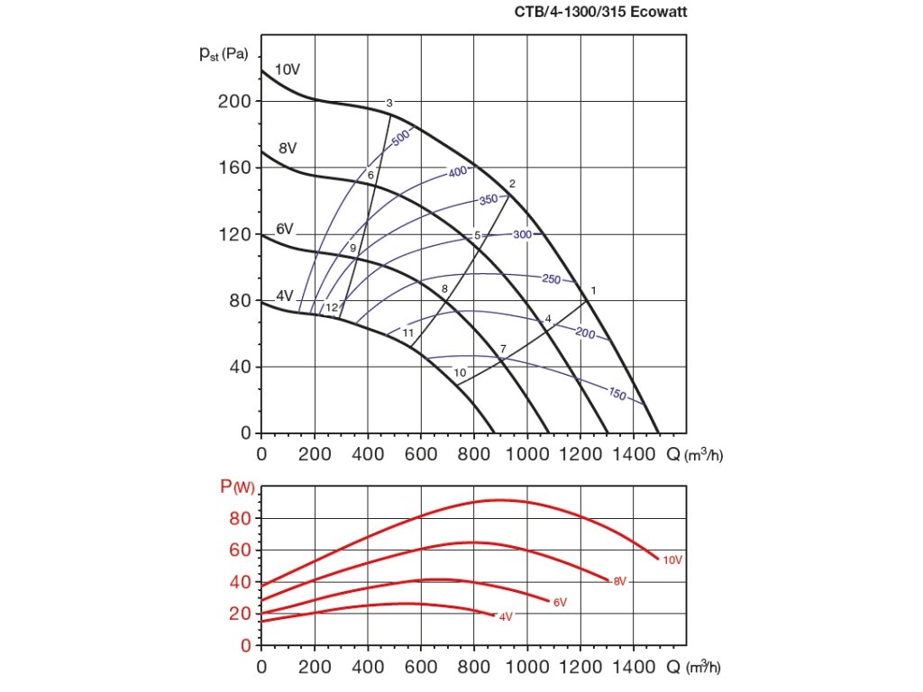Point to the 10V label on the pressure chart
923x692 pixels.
coord(288,69)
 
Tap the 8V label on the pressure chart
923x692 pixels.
coord(288,148)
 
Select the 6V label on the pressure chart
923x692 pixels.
coord(285,230)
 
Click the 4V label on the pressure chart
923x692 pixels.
coord(285,296)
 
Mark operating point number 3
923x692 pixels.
coord(389,103)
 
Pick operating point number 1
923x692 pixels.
coord(593,290)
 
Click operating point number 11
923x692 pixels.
coord(408,333)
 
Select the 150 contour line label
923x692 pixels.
coord(617,394)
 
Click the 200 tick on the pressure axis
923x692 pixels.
coord(233,101)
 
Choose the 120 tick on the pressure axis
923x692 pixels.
coord(233,234)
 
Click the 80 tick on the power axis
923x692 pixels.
coord(239,518)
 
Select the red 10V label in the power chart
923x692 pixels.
coord(672,560)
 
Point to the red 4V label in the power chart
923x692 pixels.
coord(505,616)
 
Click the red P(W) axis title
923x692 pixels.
coord(236,487)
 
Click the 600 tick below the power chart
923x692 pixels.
coord(420,668)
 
